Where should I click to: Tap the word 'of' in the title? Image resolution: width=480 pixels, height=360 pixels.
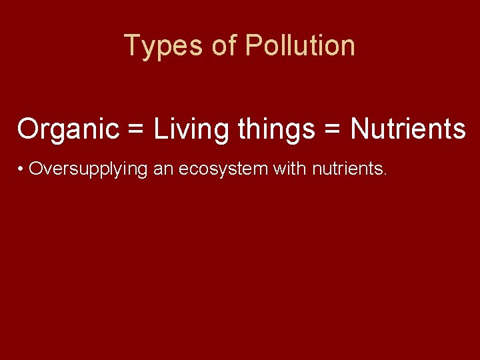pos(225,45)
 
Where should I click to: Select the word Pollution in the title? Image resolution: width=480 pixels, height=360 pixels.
pos(300,45)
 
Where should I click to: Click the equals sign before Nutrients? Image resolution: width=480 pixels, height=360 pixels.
pos(333,129)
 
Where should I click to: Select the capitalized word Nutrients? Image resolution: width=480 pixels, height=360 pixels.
pos(408,129)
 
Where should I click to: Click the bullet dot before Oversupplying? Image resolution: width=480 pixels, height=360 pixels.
pos(22,169)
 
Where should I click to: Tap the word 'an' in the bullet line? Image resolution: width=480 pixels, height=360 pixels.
pos(163,170)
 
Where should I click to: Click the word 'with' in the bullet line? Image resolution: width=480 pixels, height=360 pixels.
pos(289,169)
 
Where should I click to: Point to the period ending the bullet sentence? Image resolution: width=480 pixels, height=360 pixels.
pos(385,175)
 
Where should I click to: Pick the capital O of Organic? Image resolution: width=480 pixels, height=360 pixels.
pos(29,129)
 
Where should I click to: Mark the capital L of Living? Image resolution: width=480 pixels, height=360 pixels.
pos(161,129)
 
